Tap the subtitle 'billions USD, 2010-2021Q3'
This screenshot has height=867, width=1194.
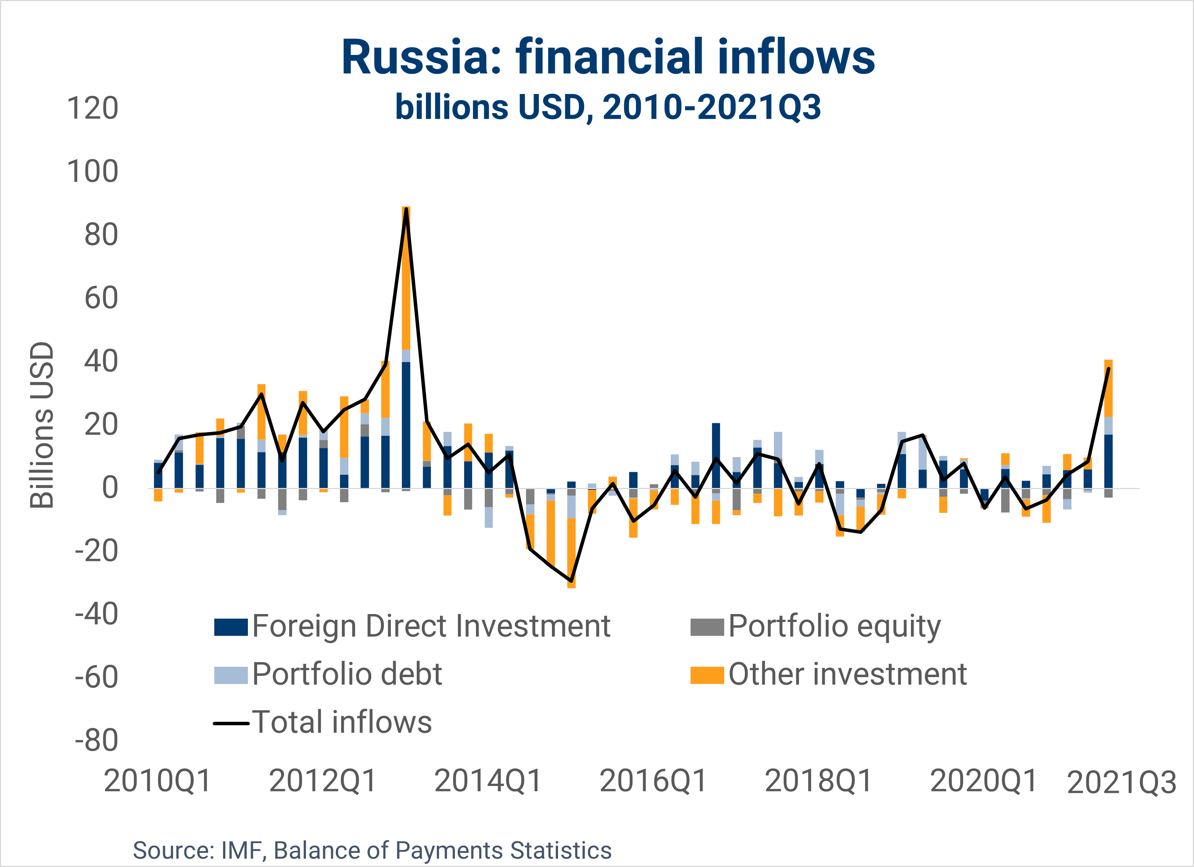click(x=608, y=107)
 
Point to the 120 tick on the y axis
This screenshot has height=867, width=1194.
click(x=93, y=109)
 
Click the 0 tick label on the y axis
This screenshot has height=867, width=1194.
click(x=110, y=488)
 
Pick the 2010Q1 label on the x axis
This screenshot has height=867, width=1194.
click(x=157, y=781)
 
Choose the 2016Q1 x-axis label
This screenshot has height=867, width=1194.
click(x=653, y=781)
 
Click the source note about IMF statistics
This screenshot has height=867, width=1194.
click(x=372, y=850)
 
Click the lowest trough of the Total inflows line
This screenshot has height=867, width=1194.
click(x=571, y=580)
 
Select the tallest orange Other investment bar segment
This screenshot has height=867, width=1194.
click(x=406, y=278)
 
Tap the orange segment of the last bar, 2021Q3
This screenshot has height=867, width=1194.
click(x=1108, y=388)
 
